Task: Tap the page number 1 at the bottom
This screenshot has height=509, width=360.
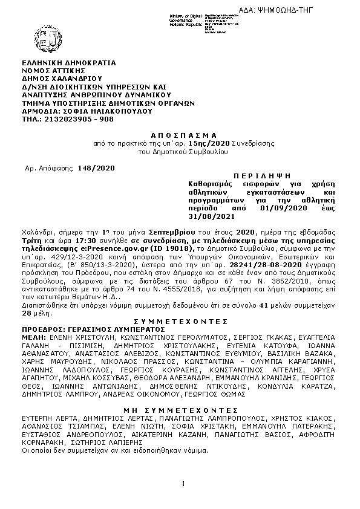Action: pos(182,483)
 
